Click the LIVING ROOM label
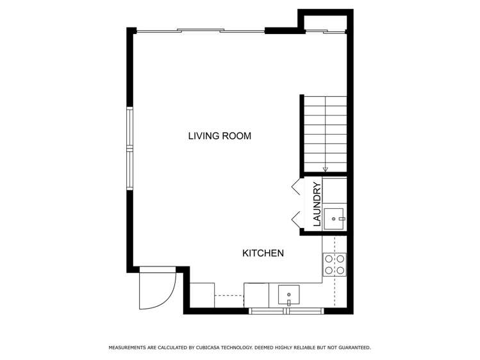219,136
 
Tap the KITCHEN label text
263,253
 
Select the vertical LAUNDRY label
316,204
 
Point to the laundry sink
335,218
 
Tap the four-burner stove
335,265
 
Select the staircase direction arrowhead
325,170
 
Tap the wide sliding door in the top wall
200,30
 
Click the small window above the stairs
325,31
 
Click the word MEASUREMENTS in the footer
128,347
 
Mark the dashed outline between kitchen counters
229,295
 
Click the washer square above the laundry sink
335,190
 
